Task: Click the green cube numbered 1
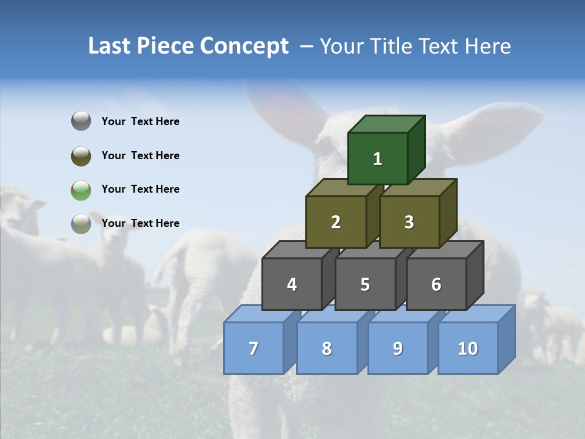click(378, 159)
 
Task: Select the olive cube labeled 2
click(336, 222)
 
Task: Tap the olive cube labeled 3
click(409, 222)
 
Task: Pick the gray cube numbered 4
click(292, 284)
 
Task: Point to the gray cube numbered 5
click(365, 284)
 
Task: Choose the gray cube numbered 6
click(436, 284)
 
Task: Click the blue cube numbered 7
click(253, 348)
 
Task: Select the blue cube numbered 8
click(327, 348)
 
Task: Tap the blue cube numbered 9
click(398, 348)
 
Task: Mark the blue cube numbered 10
click(468, 348)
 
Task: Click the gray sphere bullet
click(81, 121)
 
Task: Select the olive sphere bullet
click(81, 155)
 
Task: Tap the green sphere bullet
click(81, 190)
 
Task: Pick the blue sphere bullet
click(81, 223)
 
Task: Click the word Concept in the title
click(244, 46)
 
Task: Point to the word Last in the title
click(109, 46)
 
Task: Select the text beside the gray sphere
click(141, 121)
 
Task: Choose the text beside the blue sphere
click(141, 223)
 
